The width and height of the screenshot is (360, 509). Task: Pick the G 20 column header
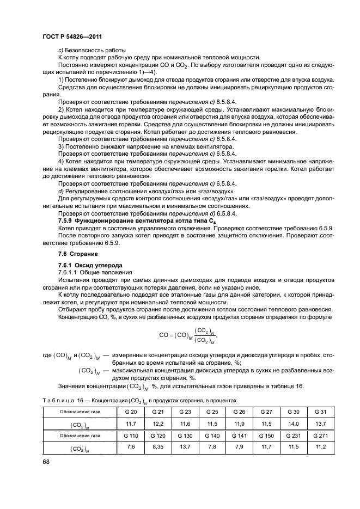(x=131, y=412)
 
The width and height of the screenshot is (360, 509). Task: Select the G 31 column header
(x=320, y=412)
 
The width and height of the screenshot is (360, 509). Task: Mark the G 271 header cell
(x=320, y=436)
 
